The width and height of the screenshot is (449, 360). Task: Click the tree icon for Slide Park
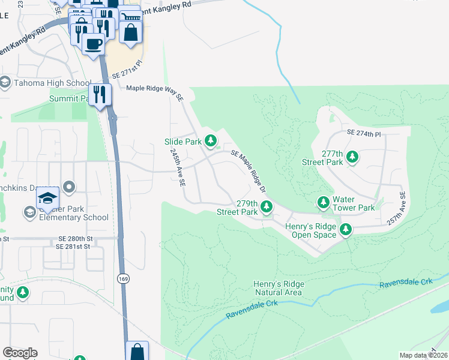pyautogui.click(x=211, y=141)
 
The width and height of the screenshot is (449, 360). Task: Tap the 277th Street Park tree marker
pyautogui.click(x=354, y=158)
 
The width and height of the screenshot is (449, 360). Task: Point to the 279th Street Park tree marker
pyautogui.click(x=267, y=208)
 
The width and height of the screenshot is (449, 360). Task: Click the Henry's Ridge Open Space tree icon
pyautogui.click(x=346, y=229)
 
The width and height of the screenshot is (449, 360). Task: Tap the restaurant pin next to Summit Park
pyautogui.click(x=100, y=95)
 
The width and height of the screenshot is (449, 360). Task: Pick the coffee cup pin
pyautogui.click(x=92, y=44)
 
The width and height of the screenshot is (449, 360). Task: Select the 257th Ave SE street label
pyautogui.click(x=397, y=208)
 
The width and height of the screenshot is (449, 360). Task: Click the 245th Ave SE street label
pyautogui.click(x=178, y=168)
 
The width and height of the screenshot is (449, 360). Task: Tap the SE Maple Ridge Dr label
pyautogui.click(x=248, y=171)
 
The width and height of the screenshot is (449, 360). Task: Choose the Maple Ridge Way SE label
pyautogui.click(x=154, y=89)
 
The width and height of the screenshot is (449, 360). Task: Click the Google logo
pyautogui.click(x=20, y=353)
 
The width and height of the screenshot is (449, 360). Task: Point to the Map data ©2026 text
pyautogui.click(x=423, y=355)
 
